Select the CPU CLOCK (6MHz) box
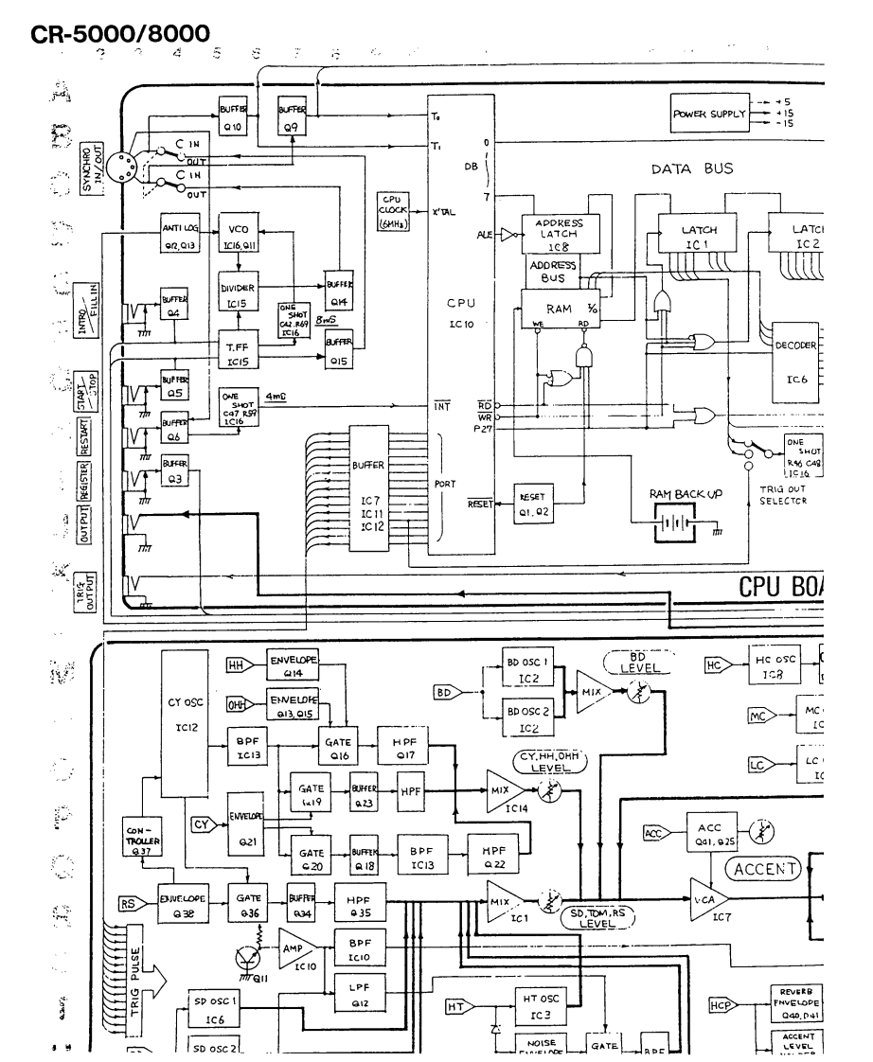(x=392, y=213)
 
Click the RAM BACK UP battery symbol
(x=672, y=522)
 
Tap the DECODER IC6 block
(x=795, y=360)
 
